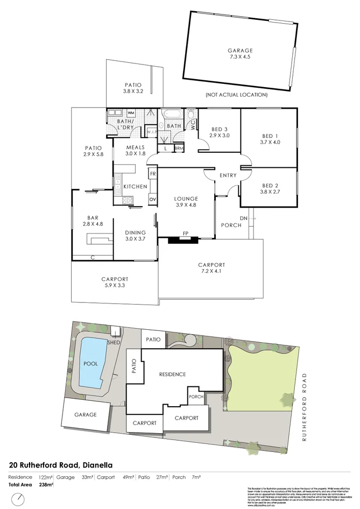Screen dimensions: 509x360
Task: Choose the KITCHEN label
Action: pos(135,186)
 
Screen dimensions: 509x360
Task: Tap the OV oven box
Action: pos(152,200)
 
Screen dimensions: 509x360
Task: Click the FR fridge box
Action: pos(153,174)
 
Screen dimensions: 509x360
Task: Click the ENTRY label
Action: pos(228,176)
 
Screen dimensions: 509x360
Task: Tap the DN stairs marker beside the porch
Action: pos(243,218)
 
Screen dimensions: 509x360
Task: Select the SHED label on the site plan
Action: pos(114,342)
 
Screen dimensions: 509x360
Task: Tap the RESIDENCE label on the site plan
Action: pos(172,374)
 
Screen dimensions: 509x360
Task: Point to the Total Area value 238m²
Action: pos(46,485)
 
